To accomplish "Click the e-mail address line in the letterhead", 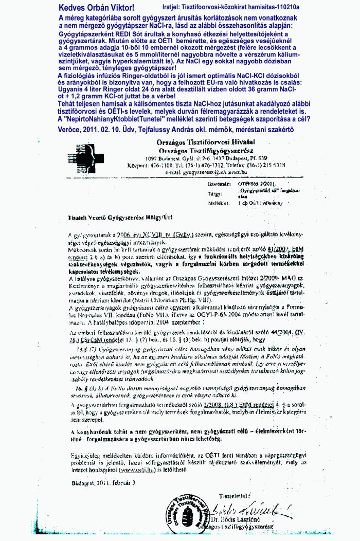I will coord(209,173).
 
